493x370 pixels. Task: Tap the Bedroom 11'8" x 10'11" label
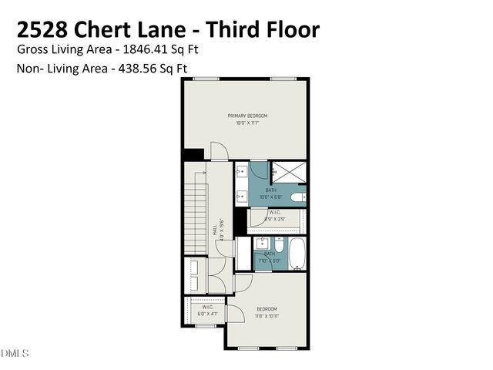coord(267,308)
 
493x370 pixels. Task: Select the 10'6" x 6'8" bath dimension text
coord(270,197)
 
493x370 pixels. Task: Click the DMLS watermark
coord(15,354)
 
